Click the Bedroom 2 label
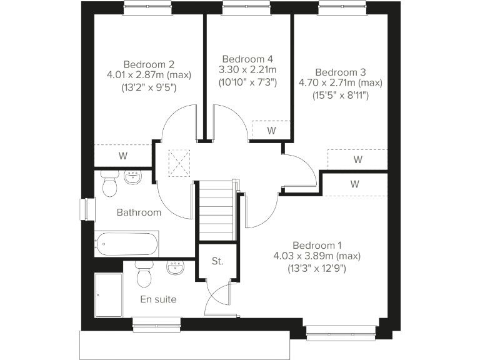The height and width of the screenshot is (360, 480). pos(149,64)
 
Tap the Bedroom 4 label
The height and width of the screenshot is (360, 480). pos(248,58)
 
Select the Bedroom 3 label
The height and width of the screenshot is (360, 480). pos(340,71)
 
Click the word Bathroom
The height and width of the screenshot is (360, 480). pos(139,212)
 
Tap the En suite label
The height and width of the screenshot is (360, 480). pos(158,299)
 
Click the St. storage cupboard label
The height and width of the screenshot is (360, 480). pos(217,261)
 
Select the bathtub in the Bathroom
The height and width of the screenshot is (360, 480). pos(126,244)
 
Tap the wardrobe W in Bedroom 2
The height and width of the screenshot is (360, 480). pos(122,155)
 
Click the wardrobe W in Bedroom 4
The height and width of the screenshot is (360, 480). pos(271,131)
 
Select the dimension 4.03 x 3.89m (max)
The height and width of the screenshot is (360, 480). pos(317,256)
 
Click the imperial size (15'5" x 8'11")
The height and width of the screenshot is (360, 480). pos(340,96)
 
